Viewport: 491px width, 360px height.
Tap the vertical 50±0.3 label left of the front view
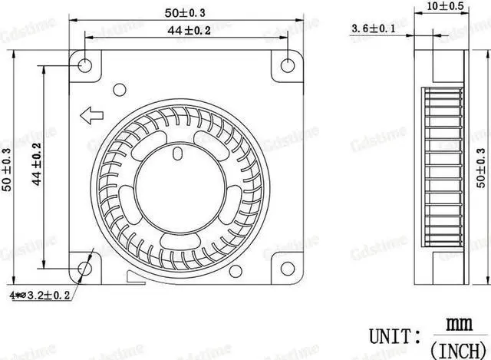pyautogui.click(x=8, y=170)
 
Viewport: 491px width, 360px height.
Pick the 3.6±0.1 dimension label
pyautogui.click(x=374, y=29)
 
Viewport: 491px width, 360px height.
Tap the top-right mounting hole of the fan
pyautogui.click(x=287, y=64)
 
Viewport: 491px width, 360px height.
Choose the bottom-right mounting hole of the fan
pyautogui.click(x=287, y=269)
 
